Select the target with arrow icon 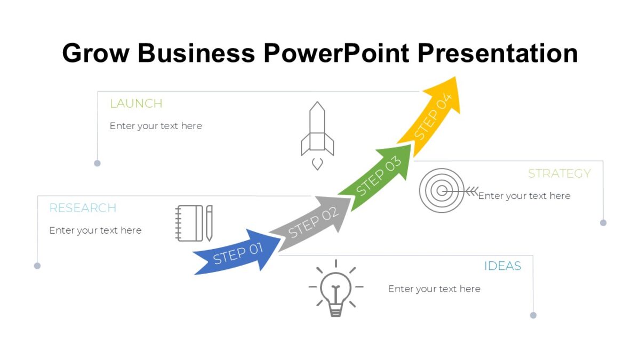(x=442, y=190)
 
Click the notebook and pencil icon (x=194, y=223)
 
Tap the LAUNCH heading (x=136, y=103)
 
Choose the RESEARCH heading (x=83, y=208)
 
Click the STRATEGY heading (x=559, y=173)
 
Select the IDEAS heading (x=502, y=266)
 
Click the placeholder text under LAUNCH (x=156, y=126)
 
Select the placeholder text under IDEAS (x=434, y=289)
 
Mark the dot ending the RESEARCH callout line (x=37, y=266)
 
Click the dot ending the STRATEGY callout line (x=603, y=223)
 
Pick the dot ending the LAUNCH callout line (x=97, y=163)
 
